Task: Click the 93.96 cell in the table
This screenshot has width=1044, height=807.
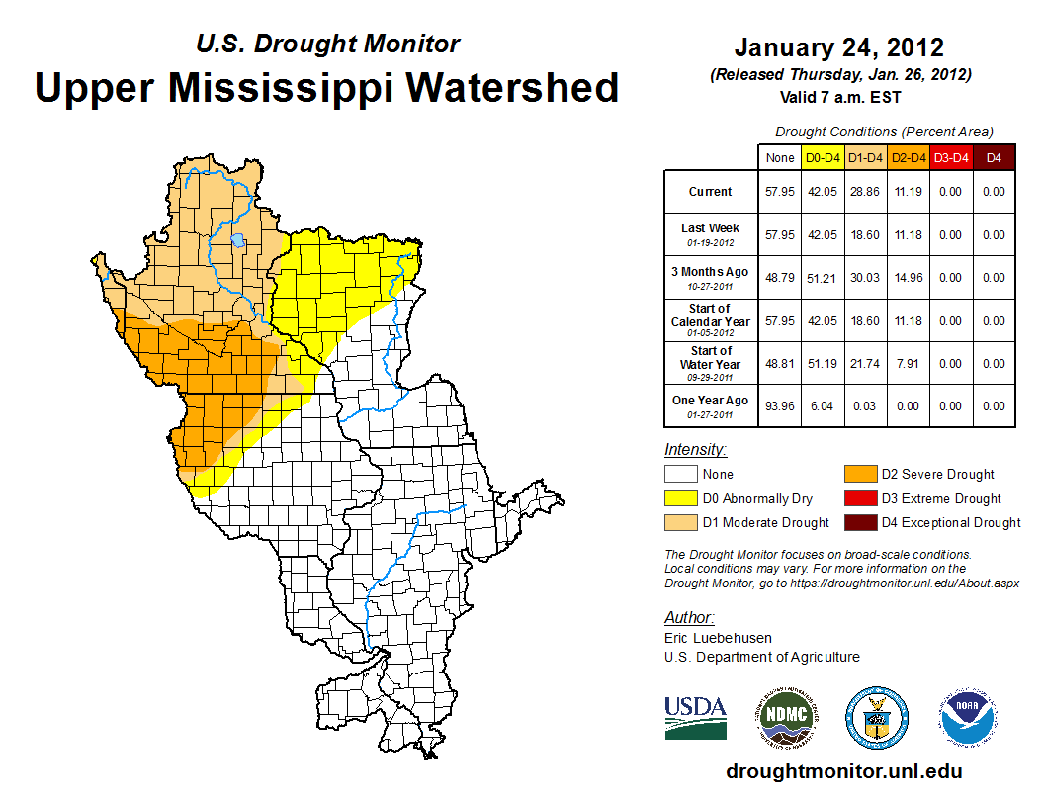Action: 779,405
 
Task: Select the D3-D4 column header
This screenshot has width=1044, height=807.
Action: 950,157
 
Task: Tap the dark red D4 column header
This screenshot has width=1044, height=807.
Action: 994,157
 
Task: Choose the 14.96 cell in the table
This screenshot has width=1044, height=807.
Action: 907,278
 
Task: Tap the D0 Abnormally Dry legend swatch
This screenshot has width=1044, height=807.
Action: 679,498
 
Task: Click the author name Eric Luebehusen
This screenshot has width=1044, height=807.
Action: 719,638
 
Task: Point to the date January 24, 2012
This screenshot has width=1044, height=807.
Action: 838,47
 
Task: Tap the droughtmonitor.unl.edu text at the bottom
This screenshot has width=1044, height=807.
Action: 843,771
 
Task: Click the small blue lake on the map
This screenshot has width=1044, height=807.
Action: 238,240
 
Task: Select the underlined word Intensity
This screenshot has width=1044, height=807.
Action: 695,450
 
